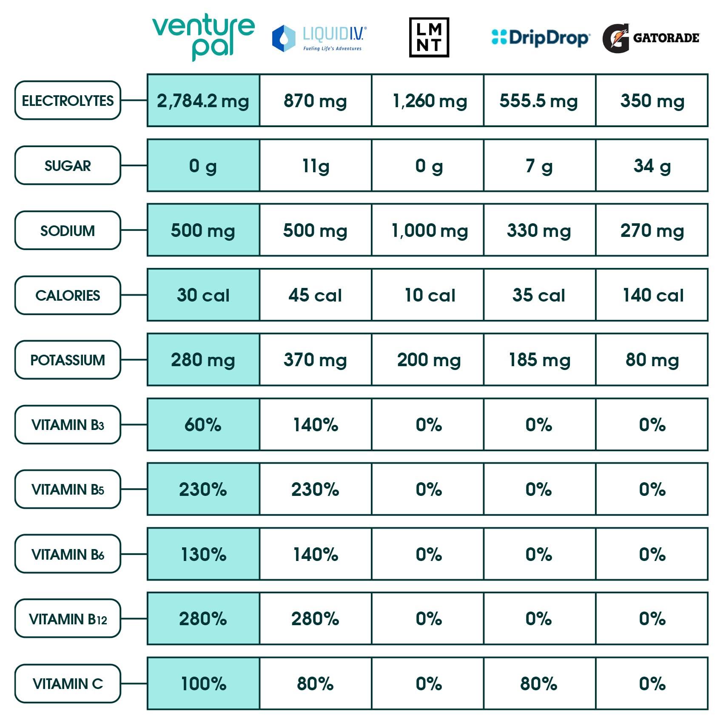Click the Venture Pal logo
pos(203,37)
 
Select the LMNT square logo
pos(429,37)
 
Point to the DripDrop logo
pos(540,37)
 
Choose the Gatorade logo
pos(651,38)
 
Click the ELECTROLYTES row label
pos(68,100)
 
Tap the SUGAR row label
pos(68,165)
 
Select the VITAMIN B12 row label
pos(68,618)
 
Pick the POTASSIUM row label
pos(68,360)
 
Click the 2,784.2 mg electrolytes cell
pos(203,101)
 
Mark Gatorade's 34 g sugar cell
pos(652,165)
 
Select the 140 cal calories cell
pos(652,295)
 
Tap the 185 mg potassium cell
pos(539,360)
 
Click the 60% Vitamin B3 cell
pos(203,424)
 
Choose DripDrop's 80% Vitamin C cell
pos(539,683)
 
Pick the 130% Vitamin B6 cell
pos(203,554)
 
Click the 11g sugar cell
pos(316,165)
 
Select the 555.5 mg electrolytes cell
pos(539,101)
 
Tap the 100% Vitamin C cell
pos(203,683)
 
